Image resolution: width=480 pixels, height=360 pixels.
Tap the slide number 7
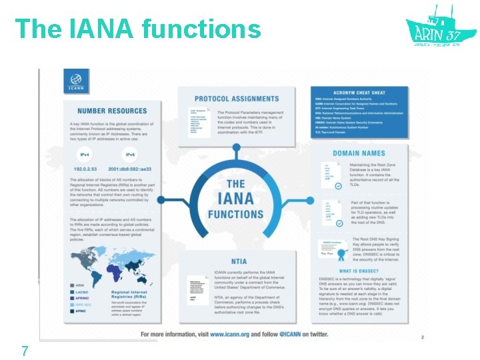25,350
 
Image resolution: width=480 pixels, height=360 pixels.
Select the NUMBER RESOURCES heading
112,111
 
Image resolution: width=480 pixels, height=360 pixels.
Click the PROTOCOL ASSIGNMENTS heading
237,99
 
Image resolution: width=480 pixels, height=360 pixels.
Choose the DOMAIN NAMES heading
359,153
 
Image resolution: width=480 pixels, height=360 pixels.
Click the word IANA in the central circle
235,199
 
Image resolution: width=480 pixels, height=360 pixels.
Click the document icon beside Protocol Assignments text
199,123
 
